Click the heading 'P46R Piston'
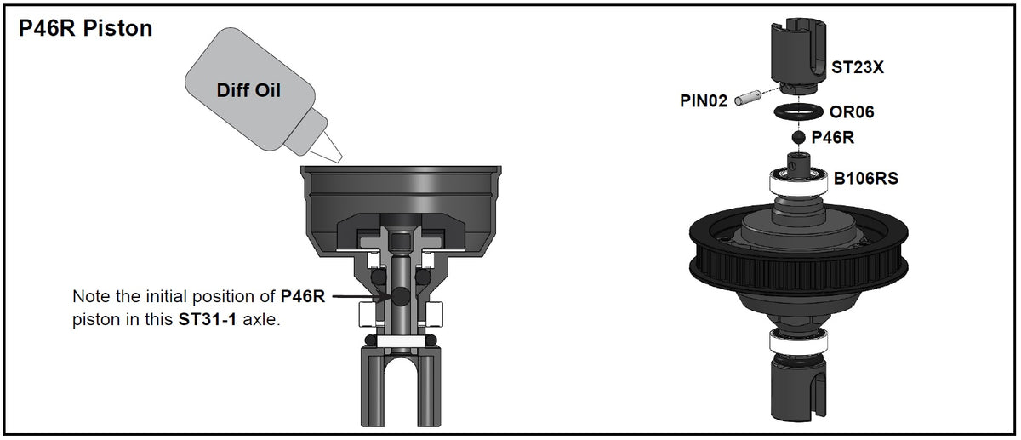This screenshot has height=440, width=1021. pos(85,29)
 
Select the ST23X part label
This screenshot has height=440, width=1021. pos(858,66)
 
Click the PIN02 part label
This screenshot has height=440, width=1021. pos(704,101)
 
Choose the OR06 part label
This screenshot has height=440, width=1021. pos(852,111)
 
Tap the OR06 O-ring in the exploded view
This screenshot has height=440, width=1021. pos(798,111)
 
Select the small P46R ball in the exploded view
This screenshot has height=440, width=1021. pos(798,137)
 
